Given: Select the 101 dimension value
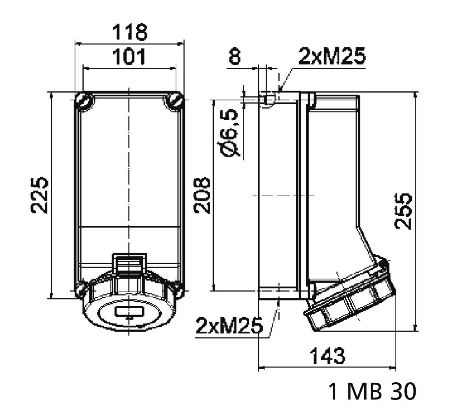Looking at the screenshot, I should coord(130,57).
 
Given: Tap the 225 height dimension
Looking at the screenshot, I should coord(40,195).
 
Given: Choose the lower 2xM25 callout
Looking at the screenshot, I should coord(229,326).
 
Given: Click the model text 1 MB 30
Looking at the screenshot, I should coord(372,391).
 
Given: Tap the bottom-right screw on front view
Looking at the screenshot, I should coord(178,290).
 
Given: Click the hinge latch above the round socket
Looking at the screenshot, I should coord(129,264).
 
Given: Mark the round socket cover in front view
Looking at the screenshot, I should coord(129,313).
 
